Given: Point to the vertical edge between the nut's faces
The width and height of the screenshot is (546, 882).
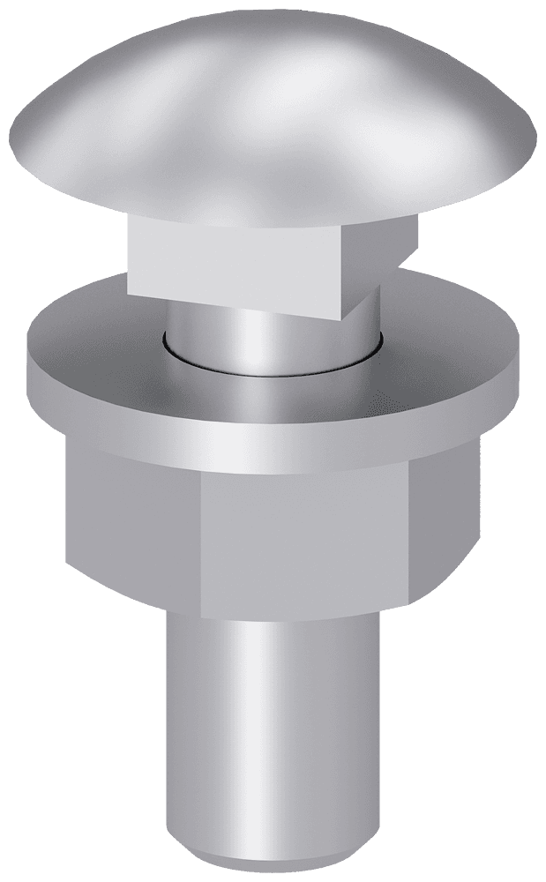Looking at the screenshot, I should pyautogui.click(x=202, y=547).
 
